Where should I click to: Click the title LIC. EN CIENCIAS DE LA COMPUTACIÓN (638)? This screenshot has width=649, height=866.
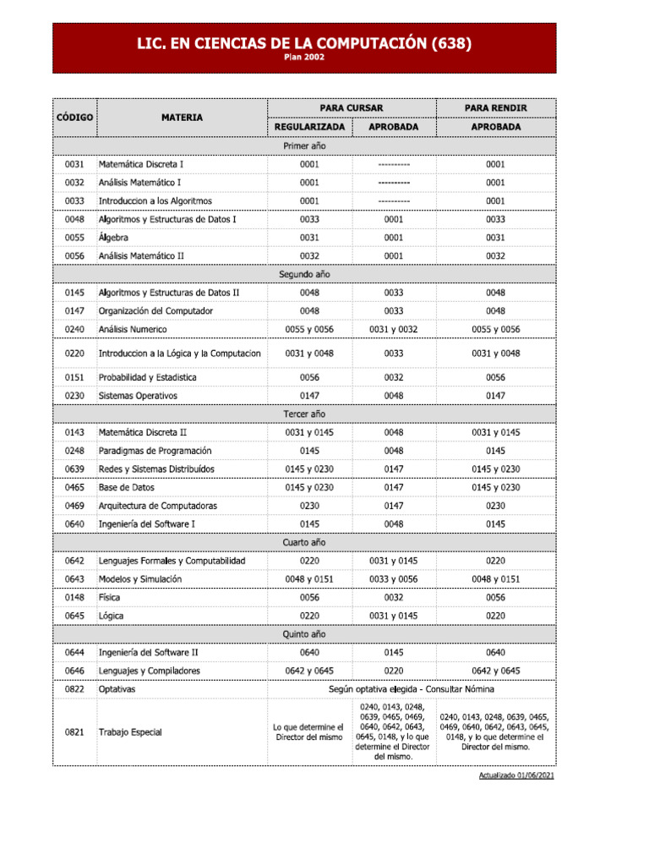point(304,43)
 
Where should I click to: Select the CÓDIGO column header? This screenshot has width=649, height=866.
point(74,118)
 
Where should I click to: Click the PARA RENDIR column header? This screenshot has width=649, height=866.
point(496,108)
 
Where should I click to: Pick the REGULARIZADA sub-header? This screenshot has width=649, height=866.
point(309,127)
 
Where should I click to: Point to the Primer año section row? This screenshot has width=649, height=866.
point(304,146)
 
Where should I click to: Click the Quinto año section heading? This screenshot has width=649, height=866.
point(304,634)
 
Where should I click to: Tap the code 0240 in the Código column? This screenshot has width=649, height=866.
point(74,329)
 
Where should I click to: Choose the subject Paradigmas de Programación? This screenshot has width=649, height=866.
point(155,451)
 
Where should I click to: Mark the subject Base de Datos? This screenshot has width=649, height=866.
point(128,487)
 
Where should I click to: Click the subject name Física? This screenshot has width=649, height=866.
point(109,597)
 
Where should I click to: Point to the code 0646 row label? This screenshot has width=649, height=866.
point(74,671)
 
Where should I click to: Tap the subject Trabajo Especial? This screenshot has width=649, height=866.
point(130,732)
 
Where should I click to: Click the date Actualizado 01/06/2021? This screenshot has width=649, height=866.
point(516,776)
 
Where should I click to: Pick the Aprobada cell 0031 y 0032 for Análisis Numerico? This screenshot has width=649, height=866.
point(394,329)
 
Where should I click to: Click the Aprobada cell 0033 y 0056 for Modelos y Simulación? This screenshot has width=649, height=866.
point(394,579)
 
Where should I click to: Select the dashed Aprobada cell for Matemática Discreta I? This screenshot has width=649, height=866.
point(394,165)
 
